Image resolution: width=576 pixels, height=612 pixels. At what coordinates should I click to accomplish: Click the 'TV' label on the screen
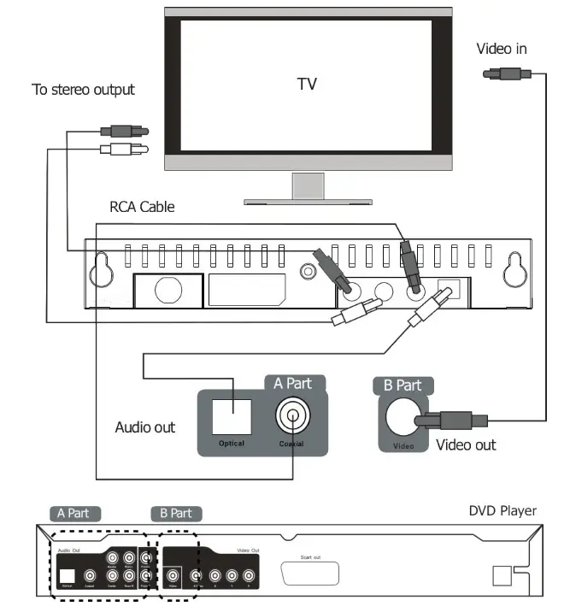point(307,84)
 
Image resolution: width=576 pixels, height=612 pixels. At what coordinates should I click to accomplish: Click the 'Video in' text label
point(501,49)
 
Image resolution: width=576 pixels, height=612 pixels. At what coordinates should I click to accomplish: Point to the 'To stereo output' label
point(83,89)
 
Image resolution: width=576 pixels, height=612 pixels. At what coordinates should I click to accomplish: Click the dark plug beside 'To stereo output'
point(124,132)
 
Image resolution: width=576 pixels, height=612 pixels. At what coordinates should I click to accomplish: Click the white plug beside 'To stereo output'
point(124,150)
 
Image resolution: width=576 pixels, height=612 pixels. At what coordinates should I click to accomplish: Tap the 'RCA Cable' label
point(142,206)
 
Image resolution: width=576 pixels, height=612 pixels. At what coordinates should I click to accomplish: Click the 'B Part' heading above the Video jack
point(402,385)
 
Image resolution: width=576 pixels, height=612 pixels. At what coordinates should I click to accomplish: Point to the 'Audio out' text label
point(145,427)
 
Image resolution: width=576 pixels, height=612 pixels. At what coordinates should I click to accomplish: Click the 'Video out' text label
point(466,444)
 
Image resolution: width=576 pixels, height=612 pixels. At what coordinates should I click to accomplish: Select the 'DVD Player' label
point(503,511)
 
